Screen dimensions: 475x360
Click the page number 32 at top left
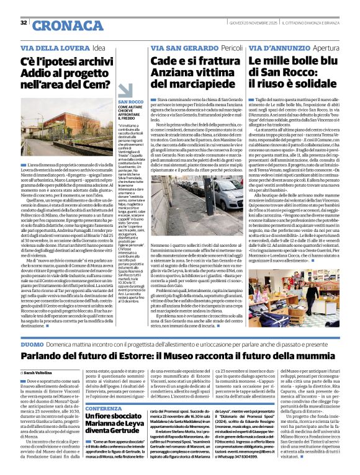tap(24, 24)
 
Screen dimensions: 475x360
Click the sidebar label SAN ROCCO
tap(127, 101)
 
